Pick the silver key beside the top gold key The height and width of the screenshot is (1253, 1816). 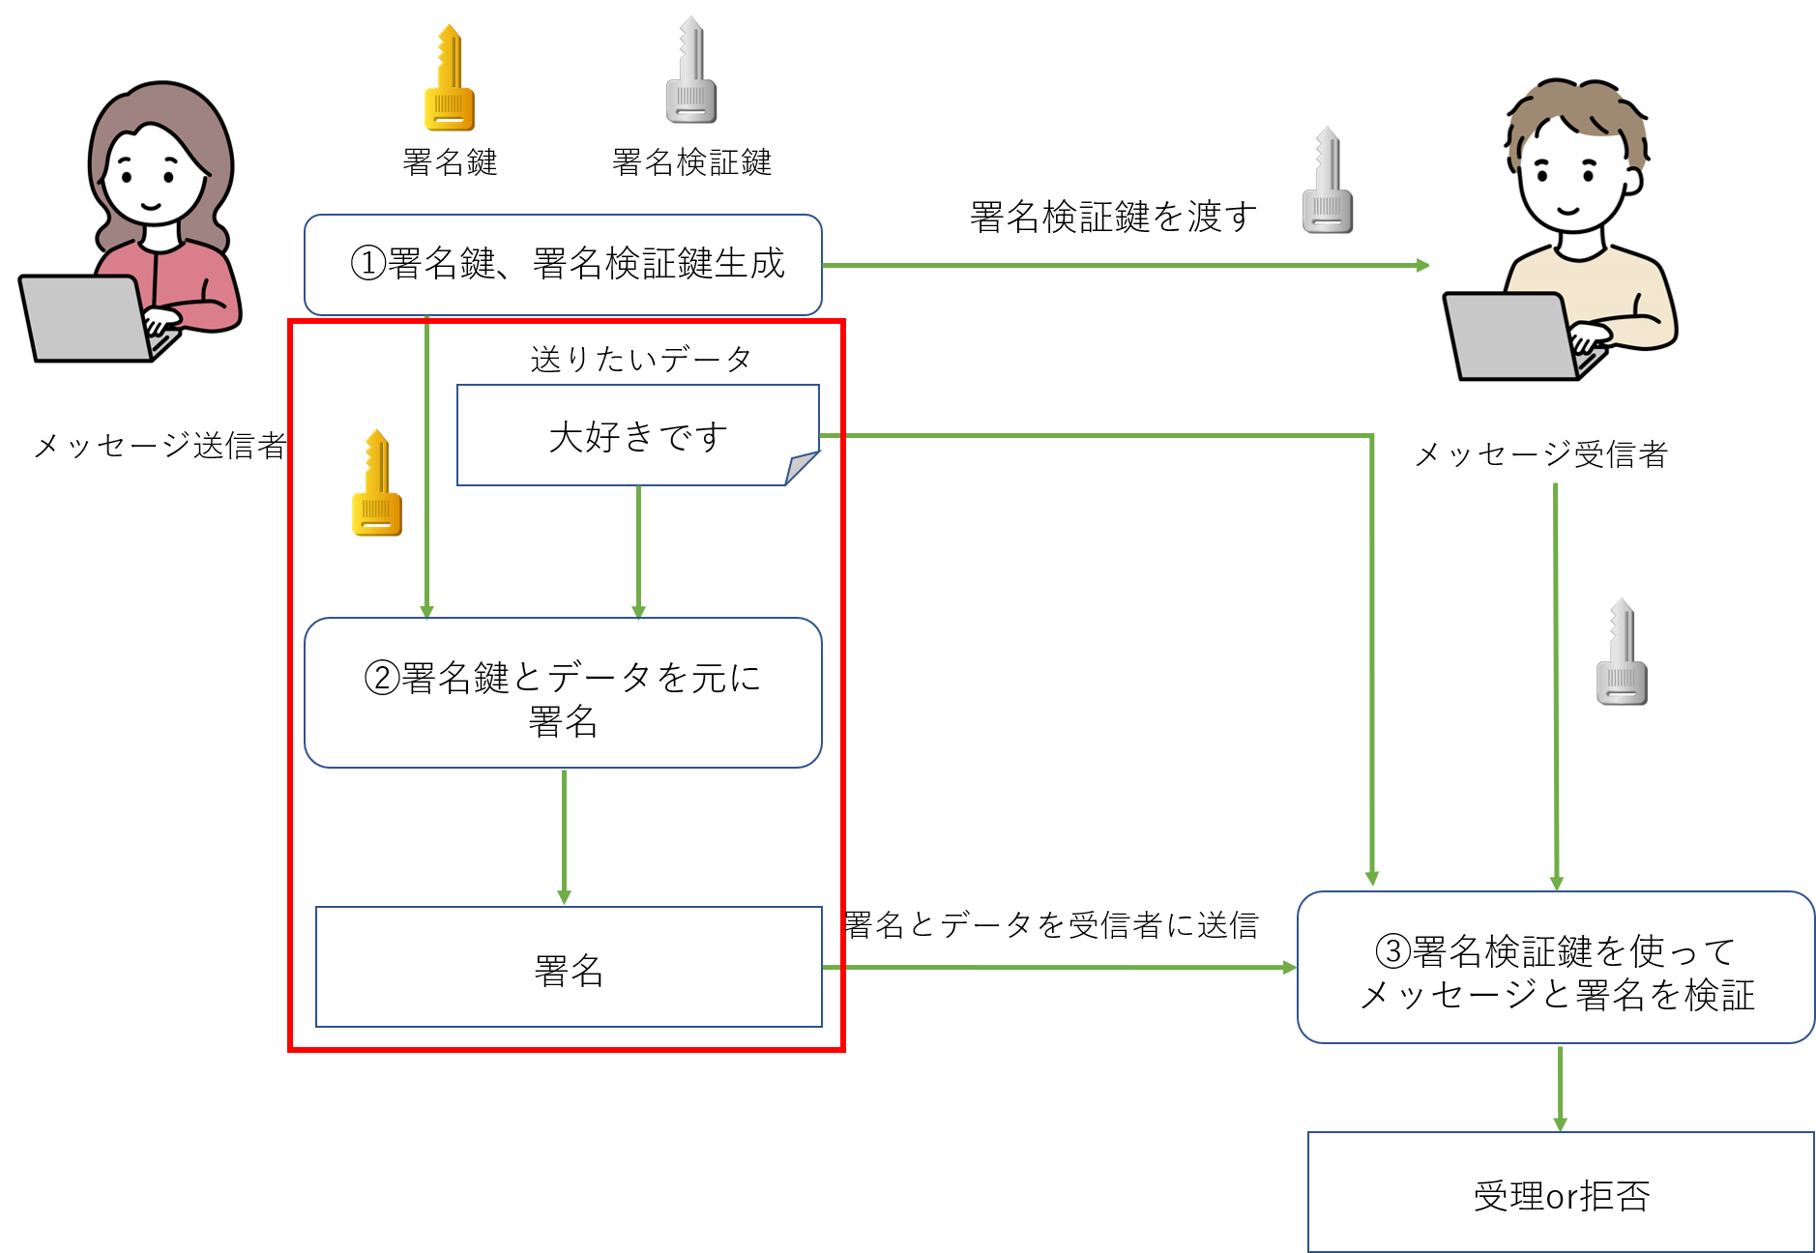point(691,72)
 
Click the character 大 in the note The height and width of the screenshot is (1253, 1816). point(566,437)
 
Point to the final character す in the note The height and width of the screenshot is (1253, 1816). point(714,437)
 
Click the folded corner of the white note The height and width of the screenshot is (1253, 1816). point(803,468)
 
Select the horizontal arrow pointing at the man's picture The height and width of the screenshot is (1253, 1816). point(1122,265)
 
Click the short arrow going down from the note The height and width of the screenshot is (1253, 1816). point(638,551)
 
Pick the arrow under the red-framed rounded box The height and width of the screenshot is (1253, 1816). point(564,836)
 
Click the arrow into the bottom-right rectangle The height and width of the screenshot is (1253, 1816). point(1560,1088)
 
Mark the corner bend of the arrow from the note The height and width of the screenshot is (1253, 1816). point(1371,437)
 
